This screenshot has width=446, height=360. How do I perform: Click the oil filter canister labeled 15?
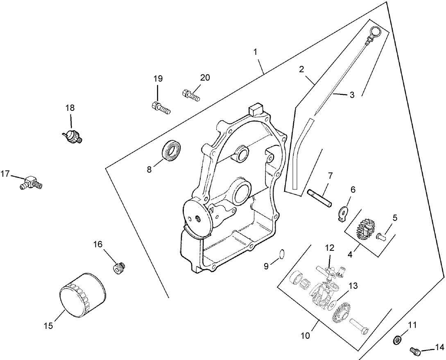click(82, 295)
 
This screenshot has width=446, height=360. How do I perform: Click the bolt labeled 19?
click(160, 108)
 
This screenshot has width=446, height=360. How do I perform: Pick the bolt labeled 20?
click(190, 95)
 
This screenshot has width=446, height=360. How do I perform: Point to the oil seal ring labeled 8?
click(172, 150)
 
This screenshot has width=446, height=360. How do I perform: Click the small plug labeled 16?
click(118, 268)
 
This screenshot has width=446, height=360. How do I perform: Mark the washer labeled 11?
click(396, 340)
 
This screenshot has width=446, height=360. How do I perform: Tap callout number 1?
click(255, 52)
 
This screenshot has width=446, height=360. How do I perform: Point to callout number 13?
click(353, 286)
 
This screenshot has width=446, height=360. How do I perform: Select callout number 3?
click(351, 94)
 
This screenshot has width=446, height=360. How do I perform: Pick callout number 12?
click(330, 248)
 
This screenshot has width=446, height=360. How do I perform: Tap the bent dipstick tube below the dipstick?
click(300, 155)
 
